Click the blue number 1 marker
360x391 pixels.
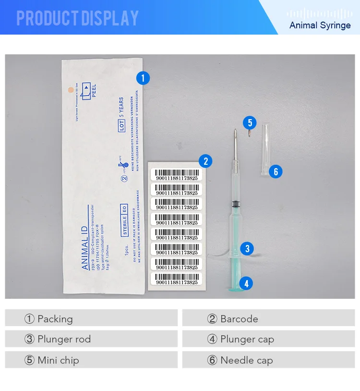coord(143,78)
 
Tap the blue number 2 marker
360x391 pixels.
coord(205,161)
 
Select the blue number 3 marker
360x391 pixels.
coord(247,248)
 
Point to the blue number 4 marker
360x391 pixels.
coord(246,283)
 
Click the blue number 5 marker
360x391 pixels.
coord(249,123)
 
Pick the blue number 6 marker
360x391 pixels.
coord(276,171)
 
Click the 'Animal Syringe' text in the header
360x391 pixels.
coord(320,25)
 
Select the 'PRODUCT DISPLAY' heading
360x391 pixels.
coord(77,18)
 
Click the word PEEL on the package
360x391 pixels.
coord(94,90)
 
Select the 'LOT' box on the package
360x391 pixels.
coord(122,126)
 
